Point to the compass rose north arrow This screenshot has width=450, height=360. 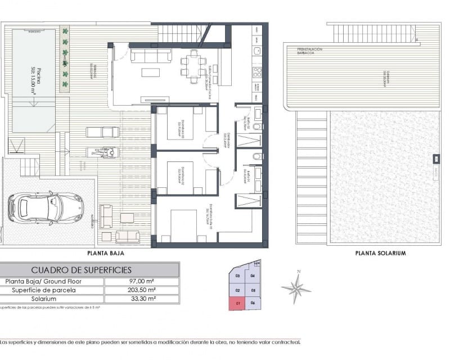[296, 288]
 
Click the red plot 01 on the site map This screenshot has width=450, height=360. [237, 304]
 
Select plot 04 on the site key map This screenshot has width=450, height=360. [253, 276]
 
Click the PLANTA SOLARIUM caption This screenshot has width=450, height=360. [380, 253]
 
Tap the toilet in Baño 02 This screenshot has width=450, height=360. [257, 128]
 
